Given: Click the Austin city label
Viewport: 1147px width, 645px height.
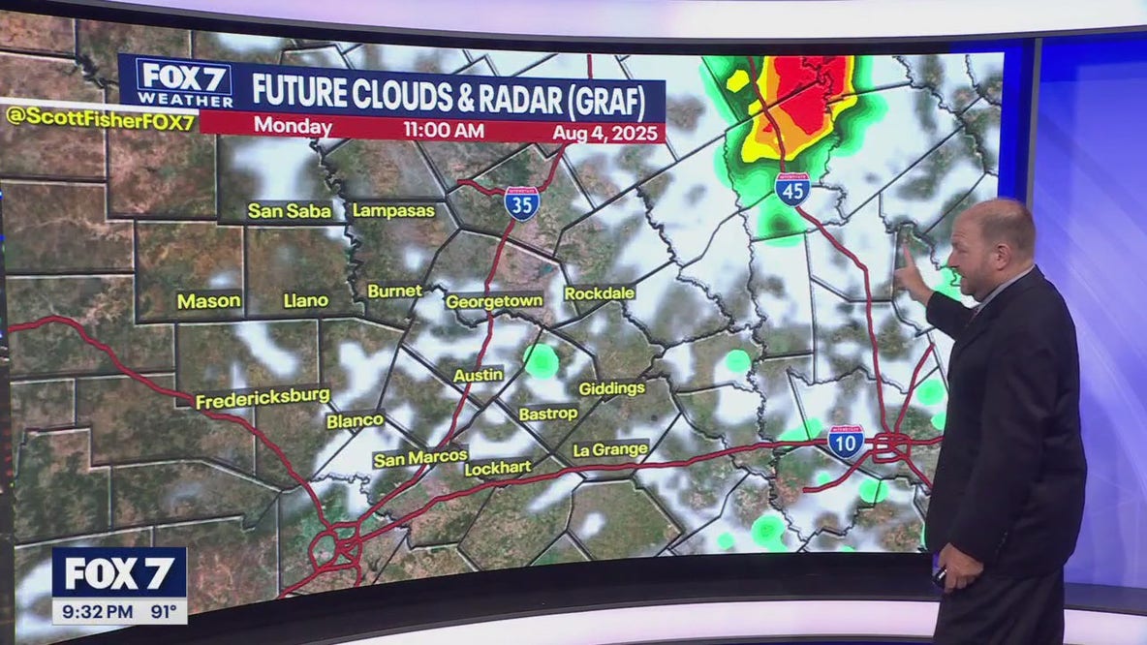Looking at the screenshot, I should [479, 375].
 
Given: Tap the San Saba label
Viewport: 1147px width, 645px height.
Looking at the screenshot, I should [289, 210].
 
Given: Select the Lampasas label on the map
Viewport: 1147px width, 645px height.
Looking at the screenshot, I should [393, 210].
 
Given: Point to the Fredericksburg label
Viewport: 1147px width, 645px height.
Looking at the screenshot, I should [263, 399].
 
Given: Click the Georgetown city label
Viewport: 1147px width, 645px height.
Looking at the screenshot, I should [494, 302].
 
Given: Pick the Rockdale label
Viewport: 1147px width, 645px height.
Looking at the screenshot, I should [600, 293].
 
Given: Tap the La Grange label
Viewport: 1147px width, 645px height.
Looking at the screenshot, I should [610, 450].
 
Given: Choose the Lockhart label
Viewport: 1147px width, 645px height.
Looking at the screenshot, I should [498, 469].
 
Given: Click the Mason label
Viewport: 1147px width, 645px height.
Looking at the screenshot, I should [208, 301].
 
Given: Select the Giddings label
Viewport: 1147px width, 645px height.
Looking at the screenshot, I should [611, 388].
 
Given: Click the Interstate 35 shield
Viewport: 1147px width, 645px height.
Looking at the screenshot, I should [521, 203].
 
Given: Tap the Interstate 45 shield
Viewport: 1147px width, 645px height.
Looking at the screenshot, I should [792, 189].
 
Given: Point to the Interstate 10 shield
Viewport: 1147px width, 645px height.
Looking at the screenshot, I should [846, 443].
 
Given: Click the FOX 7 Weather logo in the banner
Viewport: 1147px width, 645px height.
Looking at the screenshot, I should [184, 82].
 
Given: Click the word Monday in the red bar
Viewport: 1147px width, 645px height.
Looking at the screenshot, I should [292, 127].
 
